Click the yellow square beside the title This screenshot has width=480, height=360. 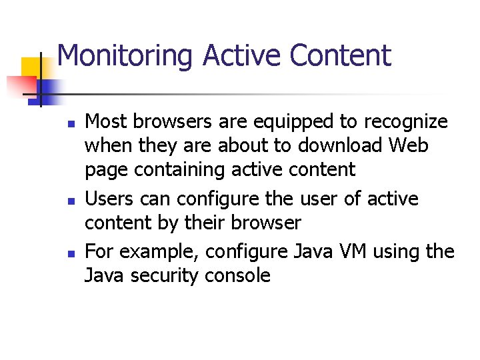point(32,69)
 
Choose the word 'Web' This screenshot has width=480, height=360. point(409,145)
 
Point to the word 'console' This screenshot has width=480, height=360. point(237,275)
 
